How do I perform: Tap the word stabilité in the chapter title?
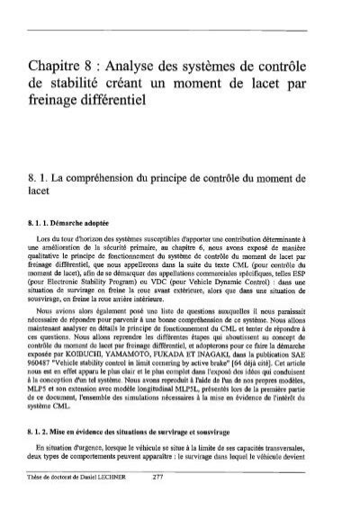(x=101, y=94)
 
